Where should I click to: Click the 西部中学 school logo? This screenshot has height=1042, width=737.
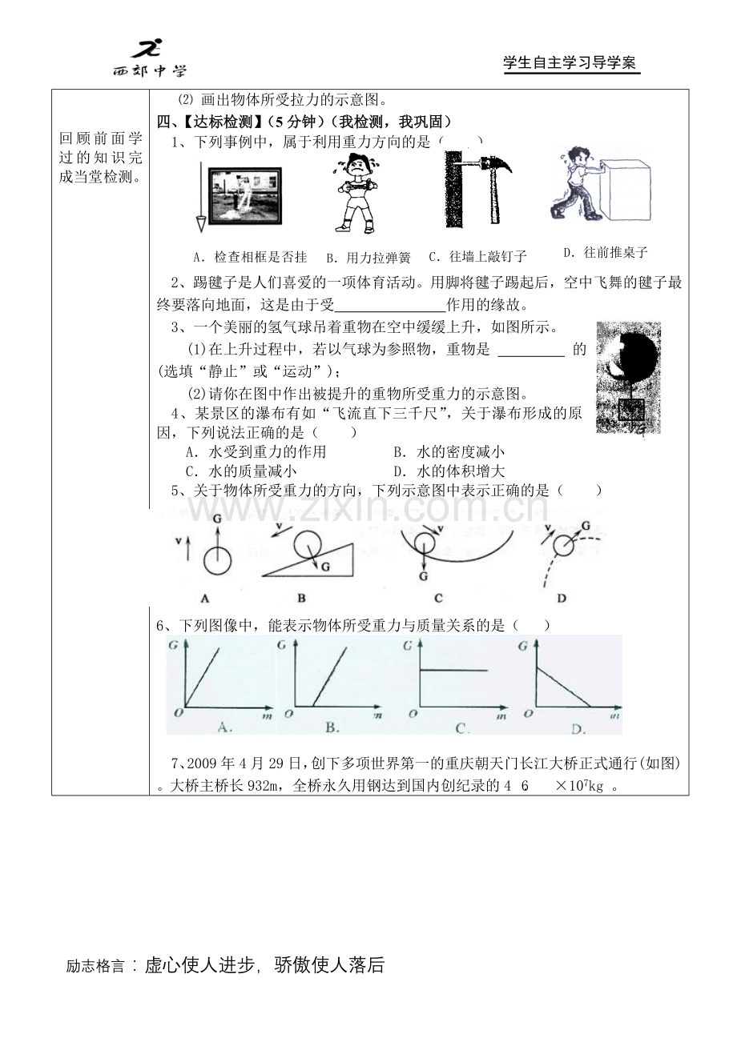point(150,58)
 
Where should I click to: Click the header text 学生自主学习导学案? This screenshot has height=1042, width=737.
point(570,62)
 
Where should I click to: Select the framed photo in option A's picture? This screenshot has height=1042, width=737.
point(245,196)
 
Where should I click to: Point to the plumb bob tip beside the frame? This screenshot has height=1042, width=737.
point(201,229)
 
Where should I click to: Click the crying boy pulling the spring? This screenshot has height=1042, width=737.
point(356,194)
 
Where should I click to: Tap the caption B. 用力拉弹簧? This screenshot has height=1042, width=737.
point(368,258)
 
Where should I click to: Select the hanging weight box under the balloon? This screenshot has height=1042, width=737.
point(631,410)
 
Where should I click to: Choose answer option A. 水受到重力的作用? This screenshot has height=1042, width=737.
point(256,451)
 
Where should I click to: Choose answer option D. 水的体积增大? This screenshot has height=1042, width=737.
point(449,471)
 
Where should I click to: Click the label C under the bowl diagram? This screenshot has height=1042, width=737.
point(438,598)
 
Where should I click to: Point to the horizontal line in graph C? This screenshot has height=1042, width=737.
point(454,671)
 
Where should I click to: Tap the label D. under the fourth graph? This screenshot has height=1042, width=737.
point(578,729)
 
